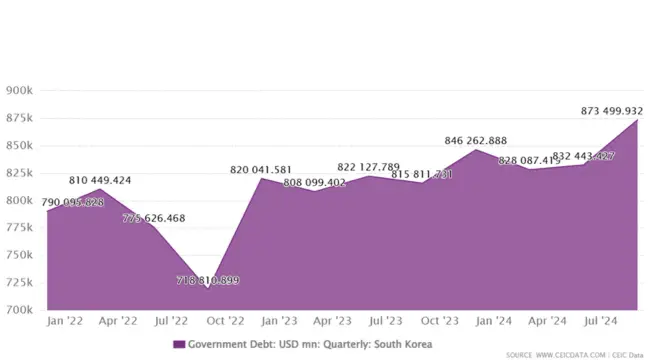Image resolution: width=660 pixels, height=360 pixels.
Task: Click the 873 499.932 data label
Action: (612, 111)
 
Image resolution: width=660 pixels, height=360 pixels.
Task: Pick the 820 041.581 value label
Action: (262, 170)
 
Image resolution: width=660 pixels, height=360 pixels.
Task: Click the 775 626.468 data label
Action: (154, 218)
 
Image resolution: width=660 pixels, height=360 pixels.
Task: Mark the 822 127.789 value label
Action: (369, 167)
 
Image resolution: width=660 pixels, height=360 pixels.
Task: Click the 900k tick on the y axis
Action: (21, 91)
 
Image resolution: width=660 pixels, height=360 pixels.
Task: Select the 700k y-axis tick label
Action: (21, 309)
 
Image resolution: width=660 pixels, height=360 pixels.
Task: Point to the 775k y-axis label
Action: (21, 228)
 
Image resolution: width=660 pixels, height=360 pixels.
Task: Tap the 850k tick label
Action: (21, 146)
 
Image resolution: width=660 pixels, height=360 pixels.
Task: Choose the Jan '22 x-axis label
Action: (65, 322)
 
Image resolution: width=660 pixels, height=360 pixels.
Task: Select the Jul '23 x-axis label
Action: (386, 322)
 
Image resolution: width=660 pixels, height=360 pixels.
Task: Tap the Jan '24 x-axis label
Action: (494, 322)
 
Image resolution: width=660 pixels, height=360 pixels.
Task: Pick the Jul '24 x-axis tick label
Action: (601, 322)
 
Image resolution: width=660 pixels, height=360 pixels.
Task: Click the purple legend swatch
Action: (179, 344)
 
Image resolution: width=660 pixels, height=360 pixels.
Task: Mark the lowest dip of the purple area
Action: (208, 288)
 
